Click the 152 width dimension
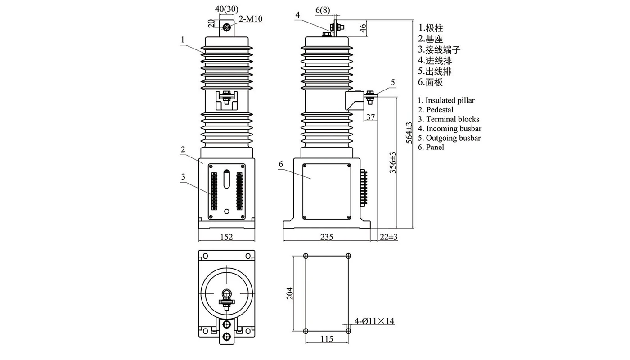point(227,237)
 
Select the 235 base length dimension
point(327,237)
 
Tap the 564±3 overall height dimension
point(409,132)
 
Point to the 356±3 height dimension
point(392,162)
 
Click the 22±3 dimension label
point(389,237)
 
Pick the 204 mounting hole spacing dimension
point(289,293)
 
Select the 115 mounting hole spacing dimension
point(327,339)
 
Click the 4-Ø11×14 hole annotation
point(374,321)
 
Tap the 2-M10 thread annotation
point(251,19)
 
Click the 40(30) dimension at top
point(227,9)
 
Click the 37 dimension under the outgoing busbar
point(370,117)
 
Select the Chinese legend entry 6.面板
point(431,82)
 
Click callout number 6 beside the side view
point(281,164)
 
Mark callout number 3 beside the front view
point(183,177)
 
